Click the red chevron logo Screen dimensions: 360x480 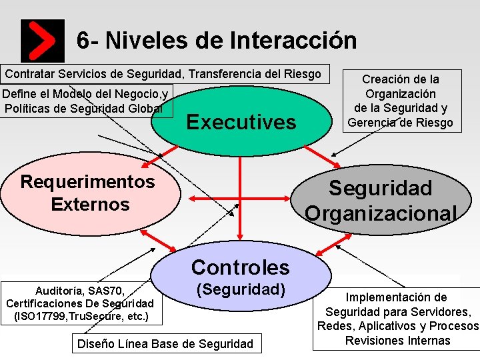tap(43, 40)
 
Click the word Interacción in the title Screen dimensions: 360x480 tap(293, 40)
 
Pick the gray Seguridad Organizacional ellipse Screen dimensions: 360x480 tap(381, 200)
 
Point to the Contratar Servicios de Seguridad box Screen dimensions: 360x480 tap(164, 73)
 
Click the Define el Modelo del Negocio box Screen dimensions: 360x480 tap(87, 101)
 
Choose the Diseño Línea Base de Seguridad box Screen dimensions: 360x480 tap(166, 344)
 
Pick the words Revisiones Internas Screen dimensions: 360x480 tap(398, 341)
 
